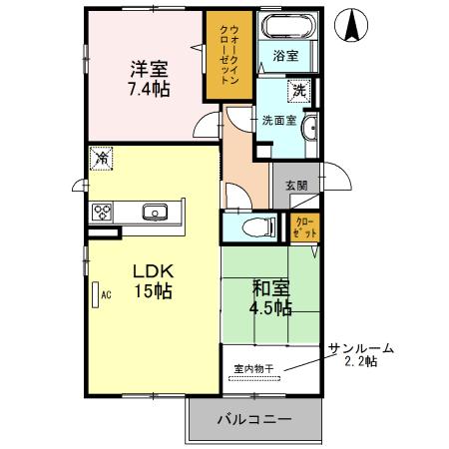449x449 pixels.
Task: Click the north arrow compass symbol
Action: click(x=353, y=25)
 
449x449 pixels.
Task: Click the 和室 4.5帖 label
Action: click(x=270, y=298)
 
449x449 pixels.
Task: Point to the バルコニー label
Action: click(x=254, y=419)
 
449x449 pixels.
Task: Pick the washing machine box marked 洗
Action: click(x=298, y=91)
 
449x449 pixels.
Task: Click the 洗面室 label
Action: click(x=278, y=121)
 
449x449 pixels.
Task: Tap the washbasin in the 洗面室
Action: click(x=309, y=130)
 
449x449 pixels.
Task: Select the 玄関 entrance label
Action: click(x=296, y=185)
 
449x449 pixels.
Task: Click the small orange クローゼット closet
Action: click(x=306, y=225)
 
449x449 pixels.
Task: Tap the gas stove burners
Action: click(x=104, y=212)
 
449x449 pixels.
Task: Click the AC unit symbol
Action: click(x=96, y=295)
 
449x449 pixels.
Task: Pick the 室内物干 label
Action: click(x=254, y=368)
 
